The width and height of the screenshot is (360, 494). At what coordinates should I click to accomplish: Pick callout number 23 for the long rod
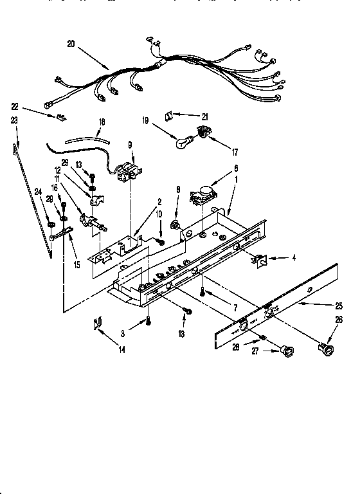pos(15,120)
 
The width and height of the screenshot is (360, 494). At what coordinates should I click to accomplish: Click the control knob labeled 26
pos(327,350)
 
